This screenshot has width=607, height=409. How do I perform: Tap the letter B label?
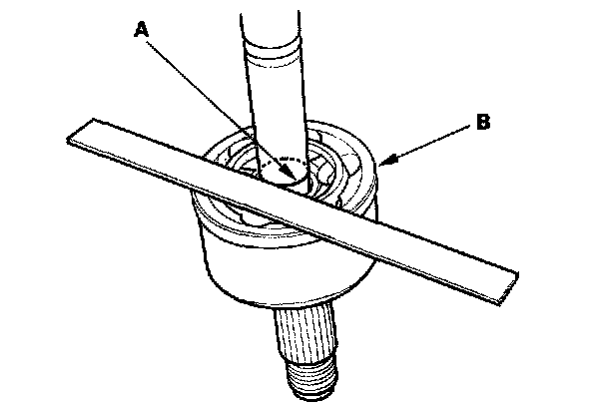(482, 124)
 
